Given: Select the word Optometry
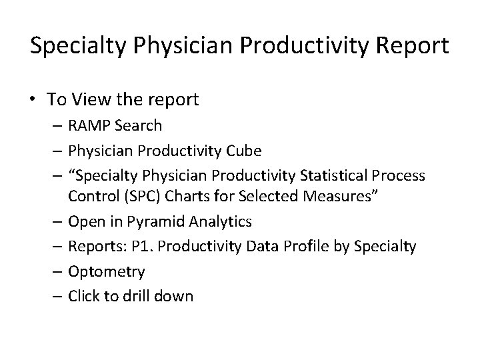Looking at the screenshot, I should click(x=106, y=271).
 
